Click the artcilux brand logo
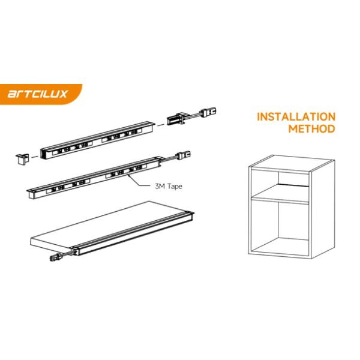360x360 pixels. tap(37, 94)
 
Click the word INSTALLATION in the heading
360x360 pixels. tap(296, 116)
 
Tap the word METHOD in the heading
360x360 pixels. tap(311, 128)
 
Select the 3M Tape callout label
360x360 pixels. tap(169, 186)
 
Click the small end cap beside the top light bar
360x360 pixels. tap(22, 158)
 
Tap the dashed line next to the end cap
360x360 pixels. tap(35, 157)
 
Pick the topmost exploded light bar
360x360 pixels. tap(97, 140)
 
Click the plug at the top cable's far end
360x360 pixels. tap(208, 112)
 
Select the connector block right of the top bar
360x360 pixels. tap(176, 119)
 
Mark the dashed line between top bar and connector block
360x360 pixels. tap(161, 125)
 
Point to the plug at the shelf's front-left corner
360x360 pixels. tap(55, 257)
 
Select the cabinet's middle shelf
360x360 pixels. tap(280, 194)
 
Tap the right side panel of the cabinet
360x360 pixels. tap(323, 209)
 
